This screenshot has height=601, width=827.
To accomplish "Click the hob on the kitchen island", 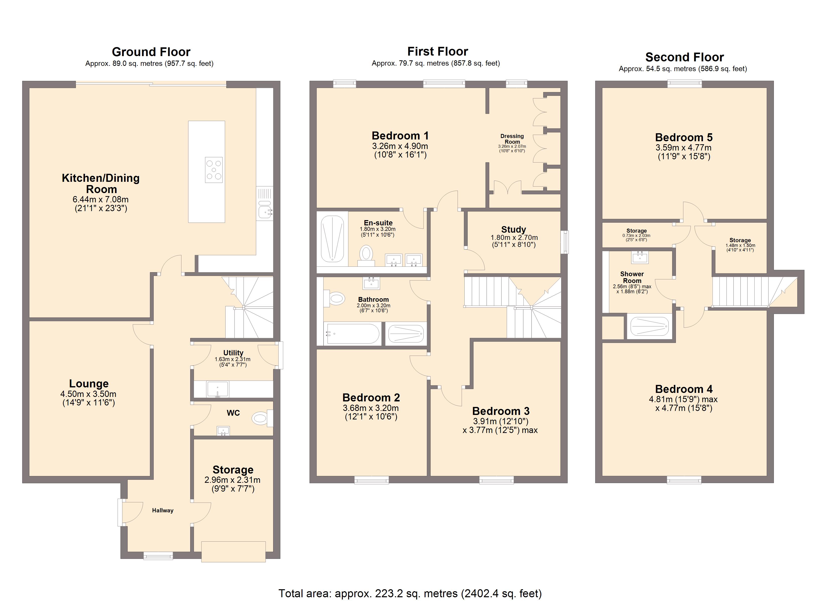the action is point(214,170).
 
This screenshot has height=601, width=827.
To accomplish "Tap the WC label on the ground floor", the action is point(233,413).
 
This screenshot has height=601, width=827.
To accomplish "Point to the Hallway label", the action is point(163,511).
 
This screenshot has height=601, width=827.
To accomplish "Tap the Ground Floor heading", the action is point(151,52).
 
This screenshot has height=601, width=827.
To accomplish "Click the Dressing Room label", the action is point(512,139).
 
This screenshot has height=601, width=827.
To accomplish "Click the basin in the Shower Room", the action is point(640,257).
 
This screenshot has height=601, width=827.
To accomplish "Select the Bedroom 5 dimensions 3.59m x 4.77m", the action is point(684,147).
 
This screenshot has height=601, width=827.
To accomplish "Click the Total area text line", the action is point(410,594).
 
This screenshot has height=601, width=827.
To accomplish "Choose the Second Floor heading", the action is point(684,57).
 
